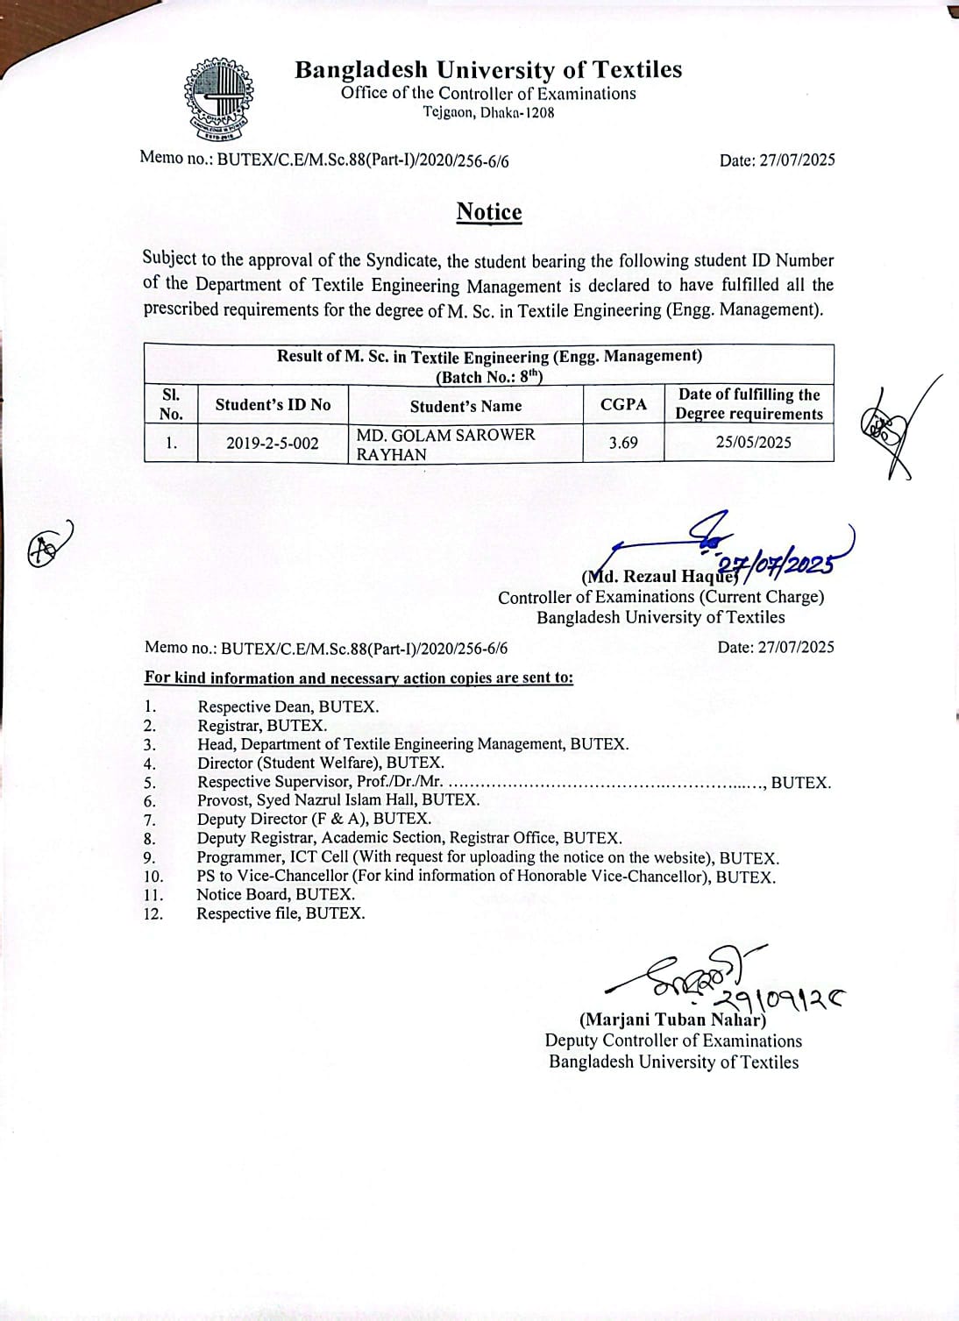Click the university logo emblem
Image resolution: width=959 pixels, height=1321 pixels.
coord(218,99)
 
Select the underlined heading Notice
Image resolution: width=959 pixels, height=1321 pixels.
coord(488,212)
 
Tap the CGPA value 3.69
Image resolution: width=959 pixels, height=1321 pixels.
coord(623,443)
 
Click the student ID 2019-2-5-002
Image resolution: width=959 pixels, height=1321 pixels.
coord(273,443)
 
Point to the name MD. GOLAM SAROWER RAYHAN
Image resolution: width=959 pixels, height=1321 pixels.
coord(445,444)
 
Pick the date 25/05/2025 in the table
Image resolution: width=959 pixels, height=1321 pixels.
coord(753,443)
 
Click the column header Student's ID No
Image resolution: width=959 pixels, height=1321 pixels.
coord(273,404)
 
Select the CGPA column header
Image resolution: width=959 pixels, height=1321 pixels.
coord(623,404)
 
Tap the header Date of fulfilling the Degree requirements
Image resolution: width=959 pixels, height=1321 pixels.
coord(749,404)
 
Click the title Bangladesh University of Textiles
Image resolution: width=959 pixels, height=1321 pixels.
coord(488,69)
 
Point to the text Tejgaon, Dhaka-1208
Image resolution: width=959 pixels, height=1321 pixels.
coord(488,112)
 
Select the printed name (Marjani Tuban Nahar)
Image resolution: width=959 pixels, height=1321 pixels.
coord(672,1019)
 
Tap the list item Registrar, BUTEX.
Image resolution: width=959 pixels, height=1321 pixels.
coord(262,726)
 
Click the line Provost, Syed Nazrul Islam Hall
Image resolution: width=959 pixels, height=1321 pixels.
coord(338,799)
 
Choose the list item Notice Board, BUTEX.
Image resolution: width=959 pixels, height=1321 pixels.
coord(275,894)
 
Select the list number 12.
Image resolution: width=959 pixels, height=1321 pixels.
coord(153,913)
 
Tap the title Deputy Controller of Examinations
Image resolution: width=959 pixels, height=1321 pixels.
coord(672,1040)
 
